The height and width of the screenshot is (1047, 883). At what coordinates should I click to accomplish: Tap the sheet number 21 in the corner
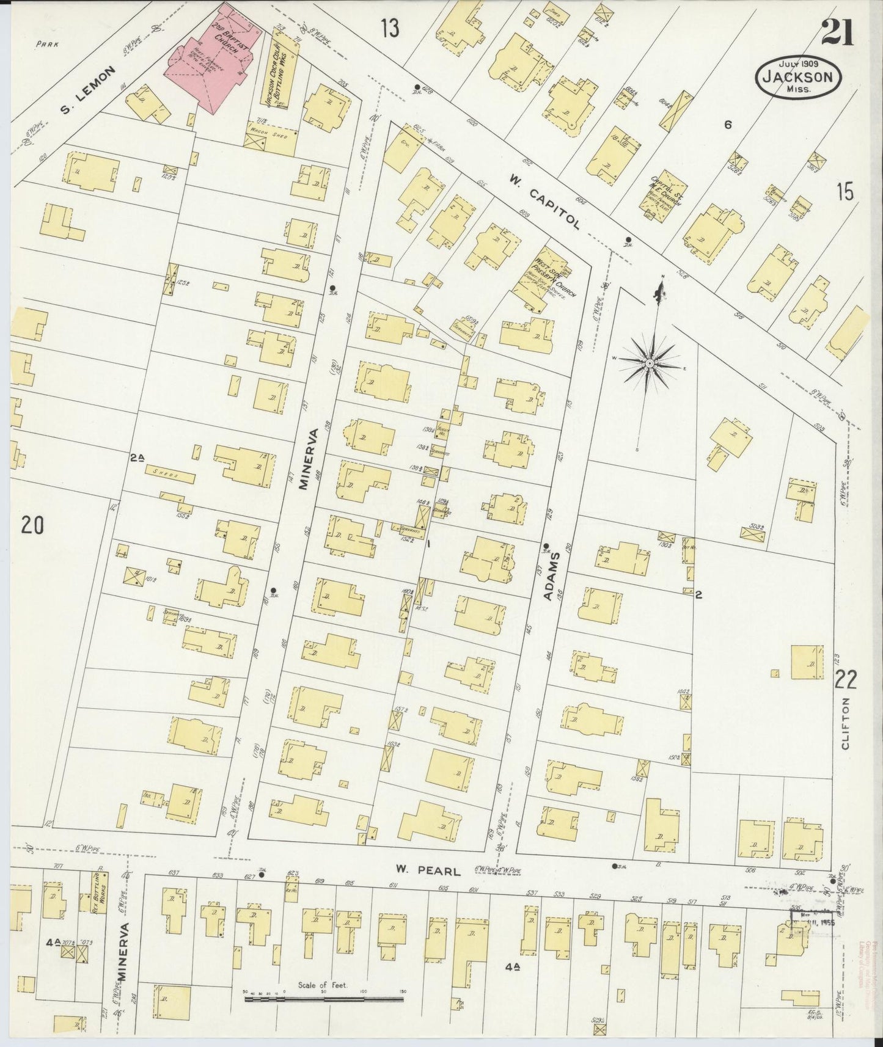(x=837, y=32)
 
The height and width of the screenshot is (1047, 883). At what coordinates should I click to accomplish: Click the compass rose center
(x=650, y=364)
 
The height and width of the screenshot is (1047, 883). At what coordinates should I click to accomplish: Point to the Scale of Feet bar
(x=324, y=999)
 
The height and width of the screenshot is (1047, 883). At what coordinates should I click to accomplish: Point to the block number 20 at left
(x=32, y=525)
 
